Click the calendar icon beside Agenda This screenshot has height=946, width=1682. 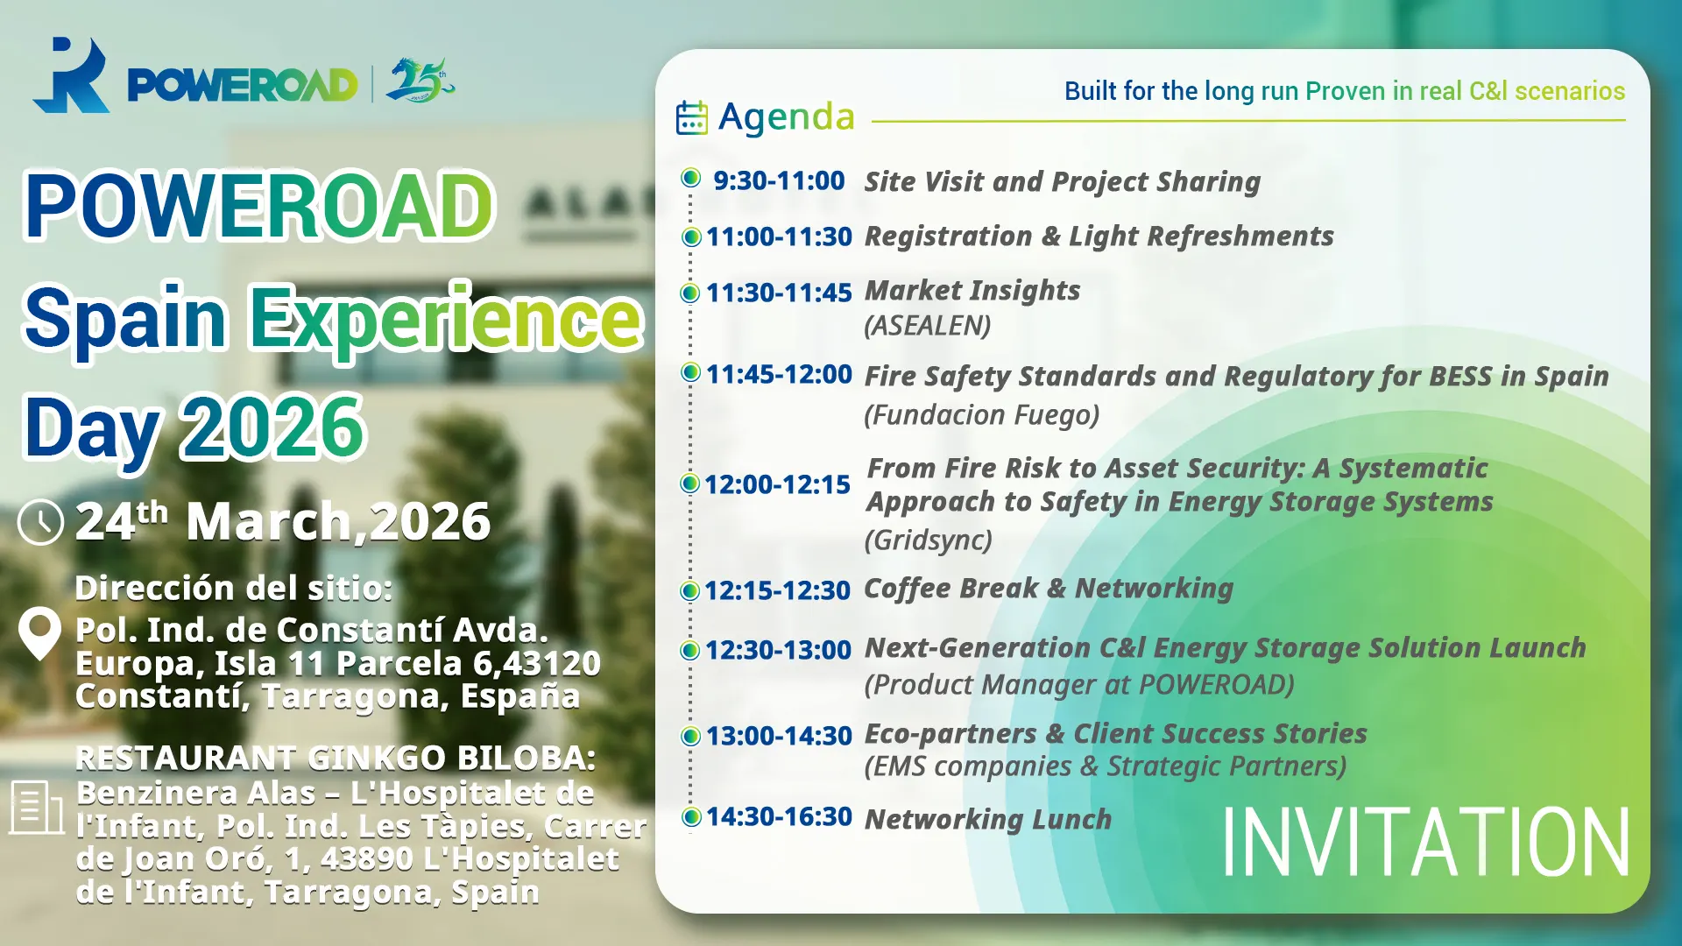tap(691, 117)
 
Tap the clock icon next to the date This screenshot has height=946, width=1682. tap(40, 522)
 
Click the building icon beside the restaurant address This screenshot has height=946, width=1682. tap(36, 807)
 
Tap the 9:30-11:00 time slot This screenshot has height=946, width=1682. tap(779, 180)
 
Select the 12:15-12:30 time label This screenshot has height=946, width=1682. tap(777, 590)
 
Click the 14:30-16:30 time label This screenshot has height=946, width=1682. tap(779, 816)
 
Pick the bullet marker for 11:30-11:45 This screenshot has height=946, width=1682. tap(690, 293)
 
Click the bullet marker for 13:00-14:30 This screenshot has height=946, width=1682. tap(690, 736)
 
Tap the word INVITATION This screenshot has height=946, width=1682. tap(1425, 842)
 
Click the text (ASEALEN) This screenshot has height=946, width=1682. tap(928, 326)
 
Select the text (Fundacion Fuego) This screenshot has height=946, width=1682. tap(982, 414)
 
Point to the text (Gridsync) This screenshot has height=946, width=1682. tap(929, 540)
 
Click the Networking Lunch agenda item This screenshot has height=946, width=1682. tap(988, 819)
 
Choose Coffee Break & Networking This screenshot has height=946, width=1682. tap(1049, 589)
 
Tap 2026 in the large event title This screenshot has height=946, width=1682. tap(272, 427)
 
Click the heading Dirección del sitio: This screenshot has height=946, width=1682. tap(234, 588)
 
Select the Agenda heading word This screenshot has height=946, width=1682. tap(787, 117)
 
